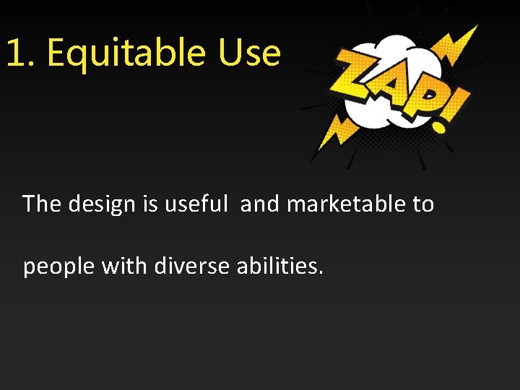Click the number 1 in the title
[17, 54]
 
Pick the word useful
[196, 204]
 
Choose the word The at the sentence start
[42, 204]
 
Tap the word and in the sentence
[261, 204]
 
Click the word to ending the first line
[423, 204]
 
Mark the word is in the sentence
[152, 204]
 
